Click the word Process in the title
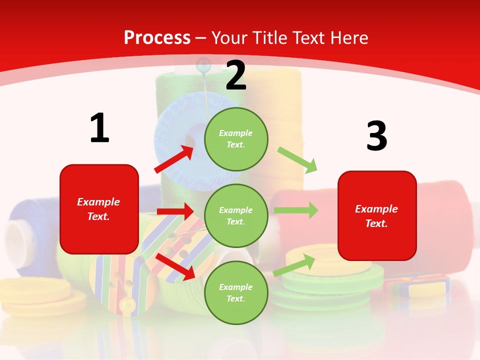tap(157, 37)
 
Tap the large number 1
tap(99, 128)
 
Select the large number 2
tap(236, 75)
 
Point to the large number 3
tap(376, 136)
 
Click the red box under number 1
tap(99, 209)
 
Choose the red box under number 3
tap(377, 215)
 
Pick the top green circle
tap(236, 138)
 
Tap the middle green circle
tap(236, 215)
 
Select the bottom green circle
tap(236, 292)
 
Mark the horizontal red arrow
tap(175, 211)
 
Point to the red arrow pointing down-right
tap(175, 266)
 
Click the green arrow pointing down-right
tap(298, 159)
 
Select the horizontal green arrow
tap(296, 210)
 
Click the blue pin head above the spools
tap(203, 64)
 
